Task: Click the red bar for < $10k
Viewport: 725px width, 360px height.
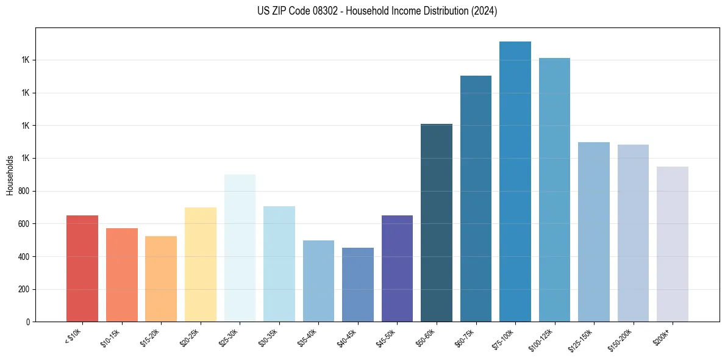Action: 82,268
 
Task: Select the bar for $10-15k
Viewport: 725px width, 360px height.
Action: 121,275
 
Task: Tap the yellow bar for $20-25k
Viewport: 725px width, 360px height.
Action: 201,264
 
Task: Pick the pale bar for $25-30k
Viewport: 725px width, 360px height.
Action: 240,248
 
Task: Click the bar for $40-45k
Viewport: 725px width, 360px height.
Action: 358,284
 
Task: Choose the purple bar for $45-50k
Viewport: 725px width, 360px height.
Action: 397,268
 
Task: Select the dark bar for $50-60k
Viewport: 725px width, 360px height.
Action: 437,223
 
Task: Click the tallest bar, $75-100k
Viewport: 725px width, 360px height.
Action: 515,181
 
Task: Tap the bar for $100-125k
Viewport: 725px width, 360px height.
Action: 554,190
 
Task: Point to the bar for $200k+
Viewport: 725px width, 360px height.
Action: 673,244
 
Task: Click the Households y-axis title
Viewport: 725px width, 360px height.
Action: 10,175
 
